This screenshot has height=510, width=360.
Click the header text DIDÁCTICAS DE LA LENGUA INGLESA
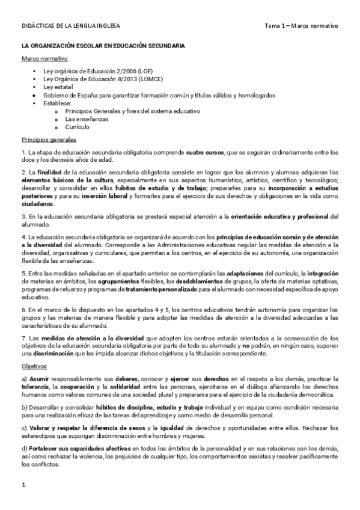coord(71,26)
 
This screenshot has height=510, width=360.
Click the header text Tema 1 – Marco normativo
coord(302,26)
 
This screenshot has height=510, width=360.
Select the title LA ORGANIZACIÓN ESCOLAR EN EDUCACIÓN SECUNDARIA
coord(103,46)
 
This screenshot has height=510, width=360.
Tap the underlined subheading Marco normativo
coord(44,58)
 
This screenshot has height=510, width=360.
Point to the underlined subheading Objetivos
coord(34,366)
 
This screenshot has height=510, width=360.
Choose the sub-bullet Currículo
coord(78,127)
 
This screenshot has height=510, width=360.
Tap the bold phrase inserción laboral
coord(102,196)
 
